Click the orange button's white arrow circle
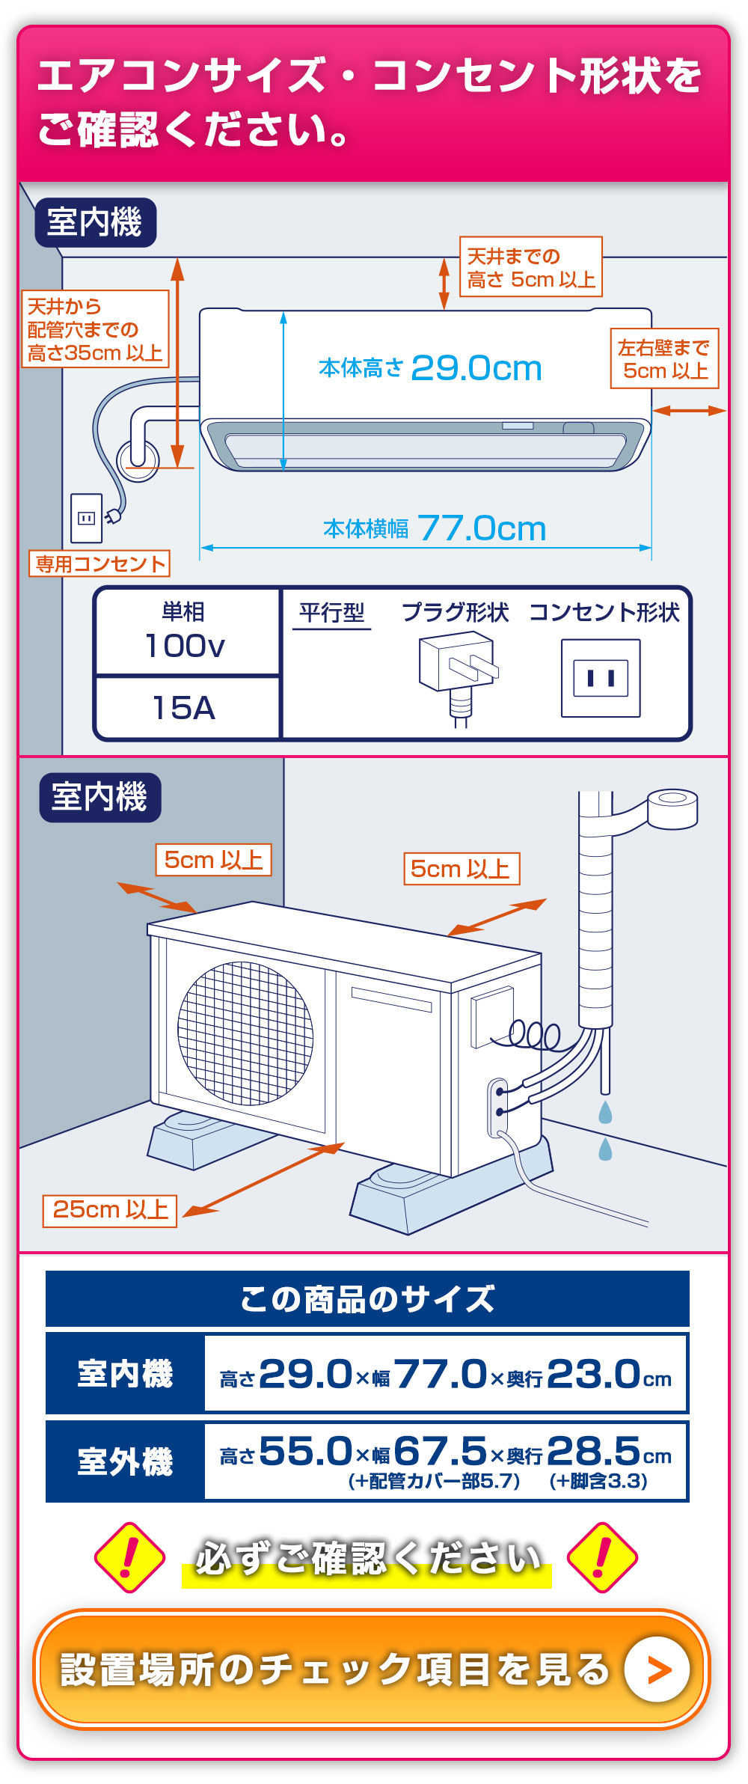coord(657,1670)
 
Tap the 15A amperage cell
coord(185,708)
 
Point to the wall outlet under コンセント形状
coord(601,678)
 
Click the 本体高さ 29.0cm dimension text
coord(430,368)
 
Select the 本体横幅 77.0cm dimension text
coord(435,528)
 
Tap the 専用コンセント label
coord(99,563)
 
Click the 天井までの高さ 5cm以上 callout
coord(530,268)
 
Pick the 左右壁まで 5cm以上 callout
coord(664,359)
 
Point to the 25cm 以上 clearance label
coord(110,1210)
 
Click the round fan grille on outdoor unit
coord(245,1033)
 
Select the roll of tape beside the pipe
coord(672,808)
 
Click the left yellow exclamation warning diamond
coord(129,1557)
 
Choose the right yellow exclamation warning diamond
coord(602,1557)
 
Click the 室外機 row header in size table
coord(125,1461)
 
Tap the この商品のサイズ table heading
coord(367,1299)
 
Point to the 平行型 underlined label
coord(331,614)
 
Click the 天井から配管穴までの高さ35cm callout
coord(95,329)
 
